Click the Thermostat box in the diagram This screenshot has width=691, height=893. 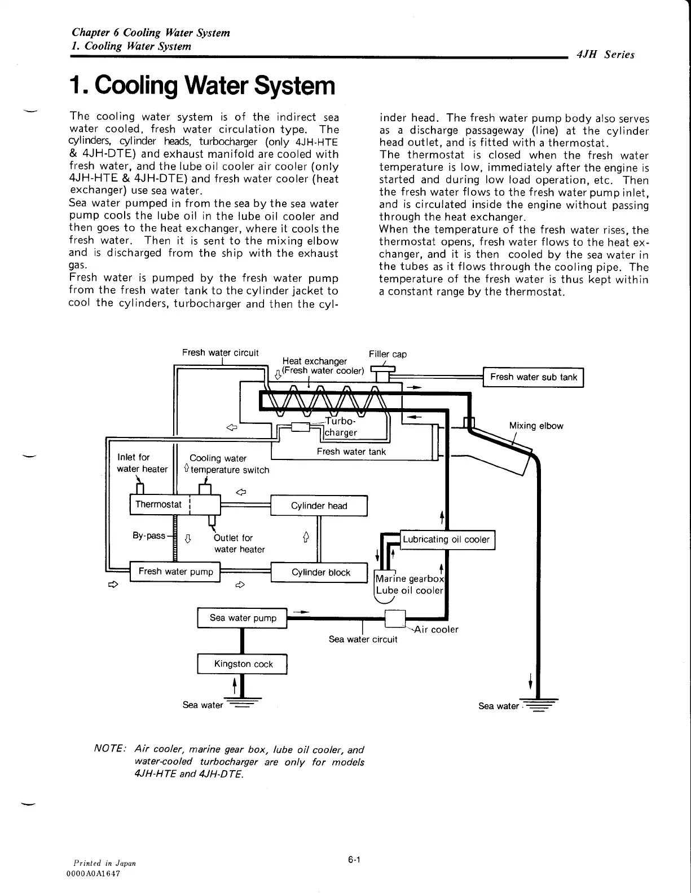pyautogui.click(x=159, y=504)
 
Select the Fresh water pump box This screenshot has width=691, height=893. pyautogui.click(x=175, y=572)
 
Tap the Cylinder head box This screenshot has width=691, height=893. pyautogui.click(x=319, y=506)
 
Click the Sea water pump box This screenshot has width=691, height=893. pyautogui.click(x=243, y=618)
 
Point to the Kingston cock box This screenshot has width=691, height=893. pyautogui.click(x=243, y=664)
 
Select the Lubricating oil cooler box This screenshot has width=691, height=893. pyautogui.click(x=446, y=540)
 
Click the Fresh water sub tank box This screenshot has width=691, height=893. pyautogui.click(x=534, y=377)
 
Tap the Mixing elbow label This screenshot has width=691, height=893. pyautogui.click(x=536, y=426)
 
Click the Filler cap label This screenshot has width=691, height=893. pyautogui.click(x=388, y=354)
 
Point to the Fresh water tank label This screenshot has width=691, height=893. pyautogui.click(x=351, y=452)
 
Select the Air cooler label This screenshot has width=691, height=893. pyautogui.click(x=436, y=629)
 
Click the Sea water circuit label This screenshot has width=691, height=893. pyautogui.click(x=363, y=639)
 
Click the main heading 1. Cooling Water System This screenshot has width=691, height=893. pyautogui.click(x=201, y=86)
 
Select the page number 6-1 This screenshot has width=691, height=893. pyautogui.click(x=354, y=860)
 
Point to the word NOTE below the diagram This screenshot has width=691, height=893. pyautogui.click(x=109, y=750)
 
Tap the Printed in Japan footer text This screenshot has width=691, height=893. pyautogui.click(x=105, y=863)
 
